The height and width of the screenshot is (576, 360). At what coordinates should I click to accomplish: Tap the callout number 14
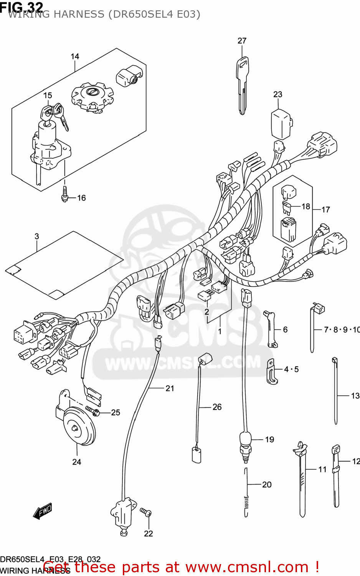click(75, 56)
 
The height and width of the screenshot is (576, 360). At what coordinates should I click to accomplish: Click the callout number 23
click(277, 94)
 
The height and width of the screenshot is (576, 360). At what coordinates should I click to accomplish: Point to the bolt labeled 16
click(65, 195)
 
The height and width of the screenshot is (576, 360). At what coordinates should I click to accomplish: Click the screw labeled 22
click(146, 512)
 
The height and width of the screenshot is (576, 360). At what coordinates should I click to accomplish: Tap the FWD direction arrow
click(42, 512)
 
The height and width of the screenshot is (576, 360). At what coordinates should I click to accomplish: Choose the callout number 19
click(269, 440)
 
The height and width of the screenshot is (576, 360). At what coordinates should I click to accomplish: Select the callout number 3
click(37, 237)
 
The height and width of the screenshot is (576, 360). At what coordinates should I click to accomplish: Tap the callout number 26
click(217, 407)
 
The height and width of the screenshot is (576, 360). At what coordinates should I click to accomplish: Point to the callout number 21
click(170, 389)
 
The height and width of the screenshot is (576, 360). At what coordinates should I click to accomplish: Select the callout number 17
click(325, 210)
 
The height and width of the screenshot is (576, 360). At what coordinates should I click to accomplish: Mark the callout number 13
click(355, 396)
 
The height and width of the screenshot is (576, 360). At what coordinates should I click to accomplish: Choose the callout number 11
click(322, 469)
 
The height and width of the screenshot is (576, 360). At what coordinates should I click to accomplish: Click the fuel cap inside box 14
click(92, 96)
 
